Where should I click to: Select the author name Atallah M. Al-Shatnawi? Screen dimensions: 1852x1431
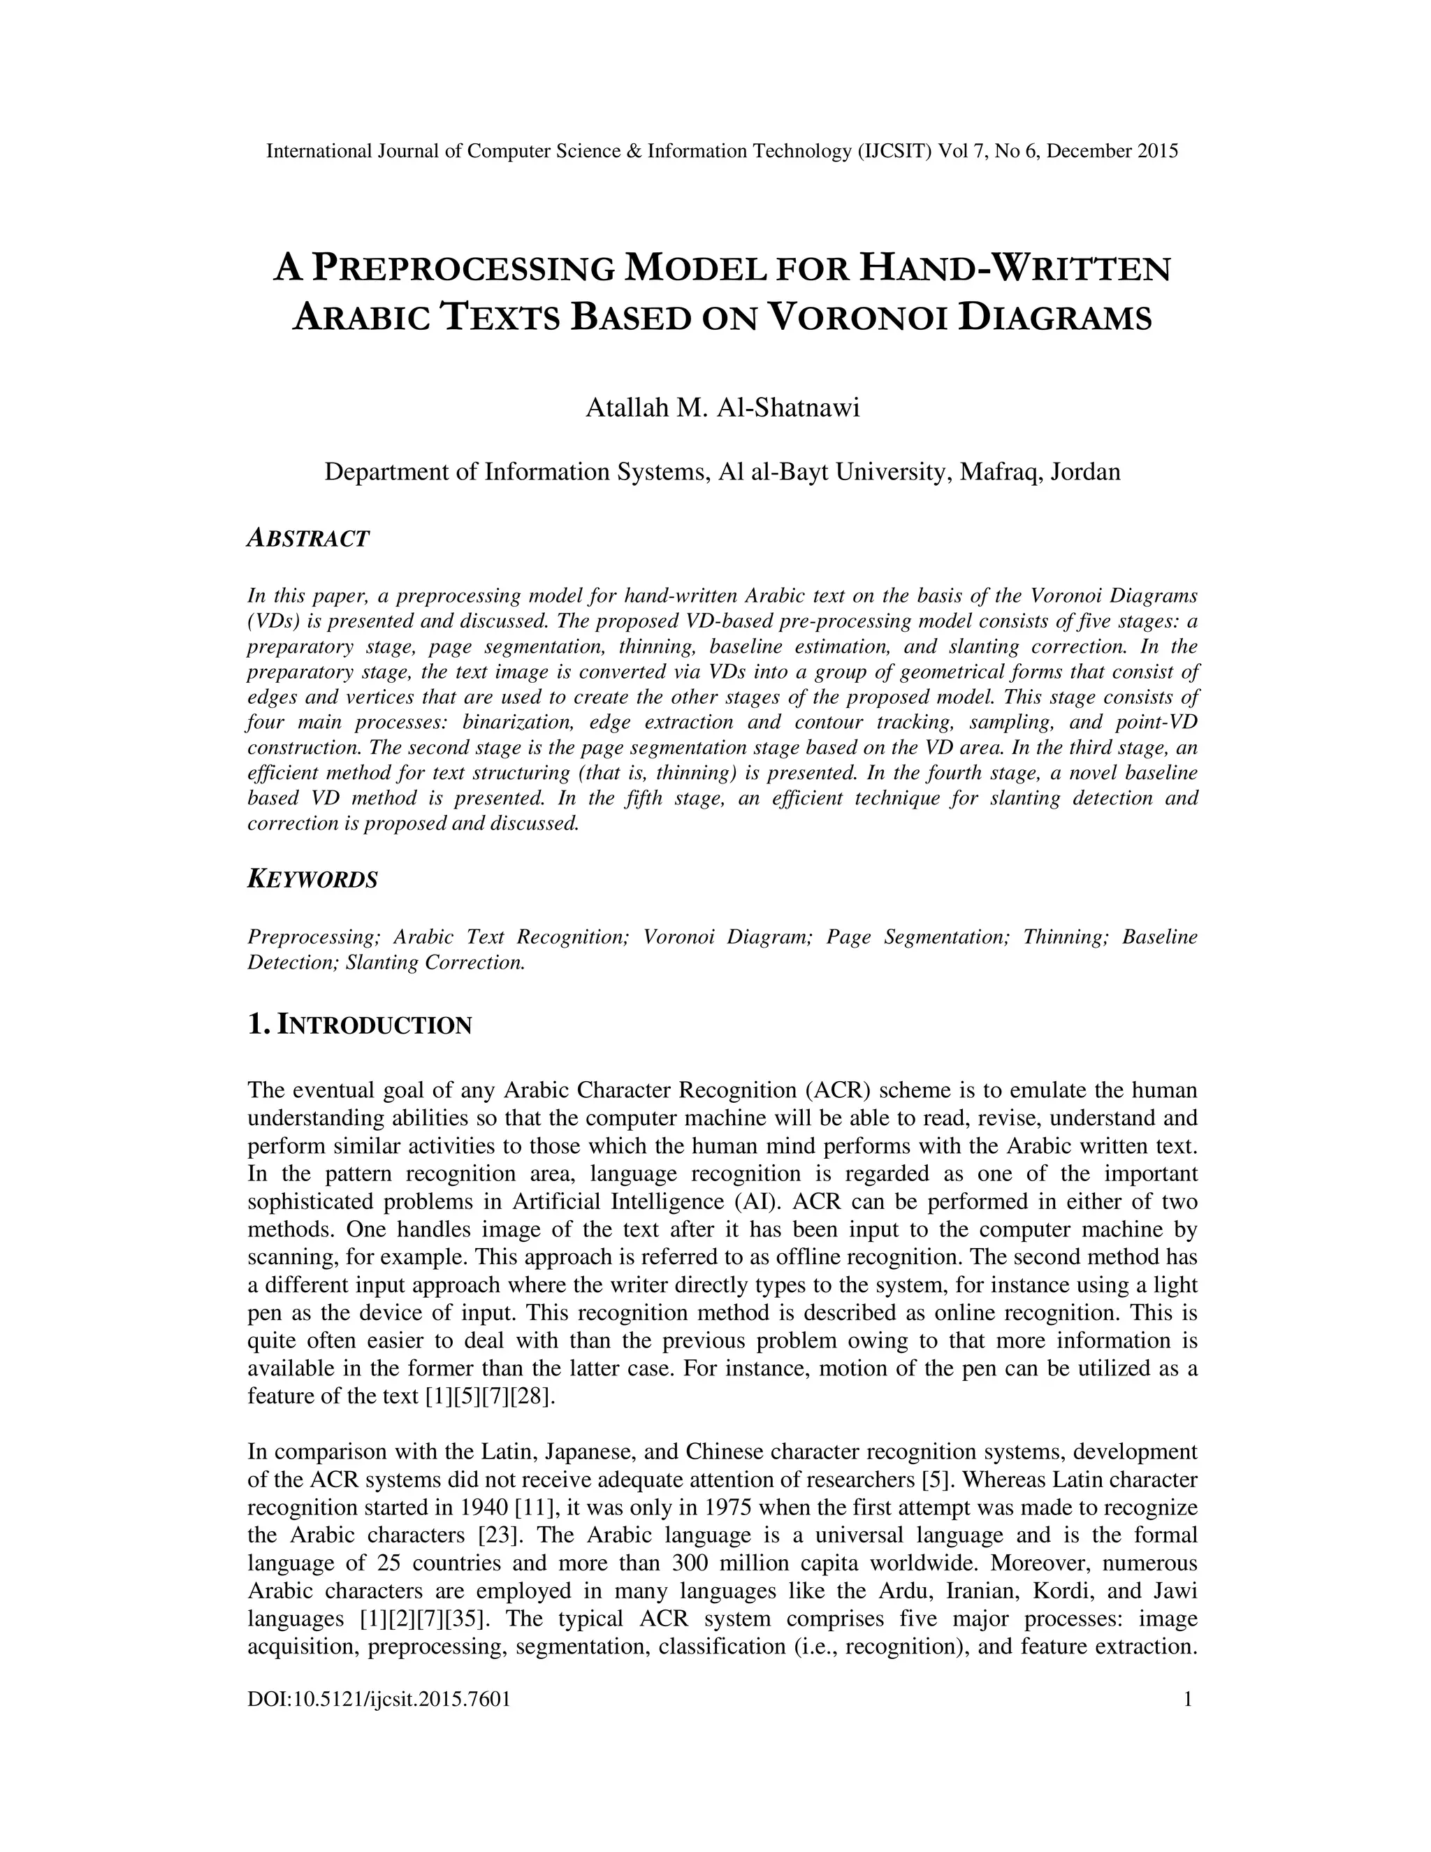pos(722,408)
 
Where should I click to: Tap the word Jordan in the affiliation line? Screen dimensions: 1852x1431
pos(1085,472)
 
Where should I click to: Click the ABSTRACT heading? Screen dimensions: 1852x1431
pos(307,538)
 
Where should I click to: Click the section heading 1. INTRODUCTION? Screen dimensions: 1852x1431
pos(359,1025)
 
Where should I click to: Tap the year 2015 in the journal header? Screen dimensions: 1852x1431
pos(1157,152)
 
